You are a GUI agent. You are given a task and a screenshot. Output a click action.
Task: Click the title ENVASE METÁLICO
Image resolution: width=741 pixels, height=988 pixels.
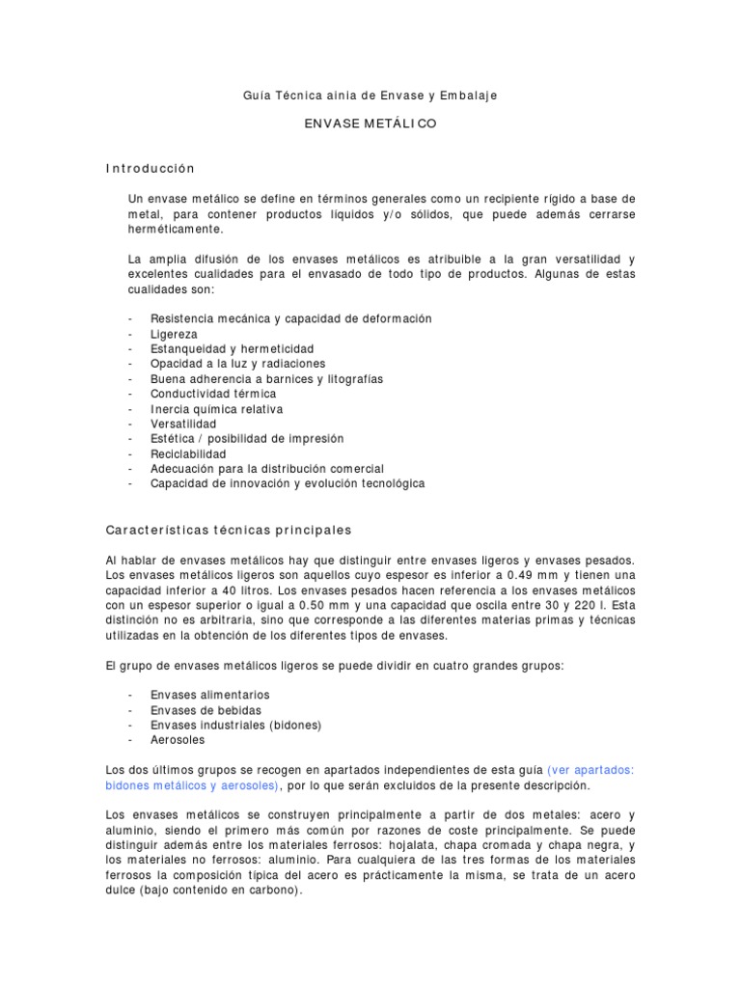point(370,125)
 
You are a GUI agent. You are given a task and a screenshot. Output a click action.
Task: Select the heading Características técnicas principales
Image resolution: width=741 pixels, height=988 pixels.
point(229,531)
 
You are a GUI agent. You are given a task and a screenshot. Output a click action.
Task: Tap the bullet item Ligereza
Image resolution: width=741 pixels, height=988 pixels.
point(174,334)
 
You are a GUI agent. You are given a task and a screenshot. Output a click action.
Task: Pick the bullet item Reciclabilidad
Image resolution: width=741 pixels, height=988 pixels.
point(188,453)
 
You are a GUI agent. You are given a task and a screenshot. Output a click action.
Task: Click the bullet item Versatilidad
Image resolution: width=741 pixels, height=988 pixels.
point(183,424)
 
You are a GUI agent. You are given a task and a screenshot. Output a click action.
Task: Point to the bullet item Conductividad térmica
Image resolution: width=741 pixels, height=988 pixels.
point(213,394)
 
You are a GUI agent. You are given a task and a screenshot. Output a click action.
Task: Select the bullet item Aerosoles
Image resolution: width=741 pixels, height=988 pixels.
point(178,740)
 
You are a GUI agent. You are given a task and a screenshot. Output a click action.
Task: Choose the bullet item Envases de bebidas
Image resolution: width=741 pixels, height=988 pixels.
point(206,710)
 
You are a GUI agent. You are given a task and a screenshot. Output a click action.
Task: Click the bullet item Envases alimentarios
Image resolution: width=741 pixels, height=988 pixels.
point(210,695)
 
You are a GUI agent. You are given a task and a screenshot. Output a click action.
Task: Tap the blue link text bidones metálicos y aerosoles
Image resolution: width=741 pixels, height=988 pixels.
point(191,785)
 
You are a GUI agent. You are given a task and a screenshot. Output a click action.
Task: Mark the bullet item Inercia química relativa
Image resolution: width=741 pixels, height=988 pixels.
point(216,409)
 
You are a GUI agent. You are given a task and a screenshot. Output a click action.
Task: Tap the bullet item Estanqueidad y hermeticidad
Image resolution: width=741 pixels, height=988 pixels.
point(232,348)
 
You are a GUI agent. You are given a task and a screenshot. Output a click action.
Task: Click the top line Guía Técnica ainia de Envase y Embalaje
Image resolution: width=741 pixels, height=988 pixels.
point(370,96)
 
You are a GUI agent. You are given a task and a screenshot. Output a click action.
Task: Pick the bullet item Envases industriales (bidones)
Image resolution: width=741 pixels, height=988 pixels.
point(235,725)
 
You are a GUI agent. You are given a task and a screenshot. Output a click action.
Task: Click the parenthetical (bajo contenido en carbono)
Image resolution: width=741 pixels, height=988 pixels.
point(221,891)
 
